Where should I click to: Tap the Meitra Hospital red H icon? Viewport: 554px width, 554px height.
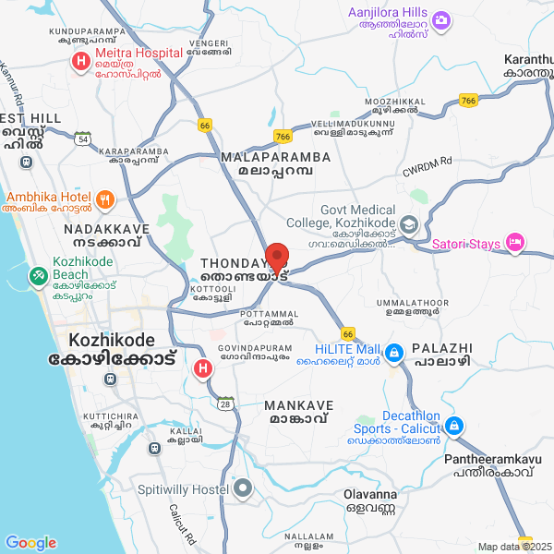point(80,62)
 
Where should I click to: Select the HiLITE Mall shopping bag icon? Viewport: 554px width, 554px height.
point(394,352)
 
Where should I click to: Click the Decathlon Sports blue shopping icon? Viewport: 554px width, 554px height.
point(453,426)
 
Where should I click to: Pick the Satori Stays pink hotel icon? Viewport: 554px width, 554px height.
point(515,244)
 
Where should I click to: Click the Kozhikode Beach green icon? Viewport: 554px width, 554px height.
point(39,275)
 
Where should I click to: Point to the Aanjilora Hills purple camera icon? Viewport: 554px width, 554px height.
point(441,19)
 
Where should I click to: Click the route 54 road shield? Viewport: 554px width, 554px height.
point(83,138)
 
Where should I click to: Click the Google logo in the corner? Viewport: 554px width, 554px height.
point(30,543)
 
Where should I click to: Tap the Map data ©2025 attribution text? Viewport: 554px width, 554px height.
point(512,547)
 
